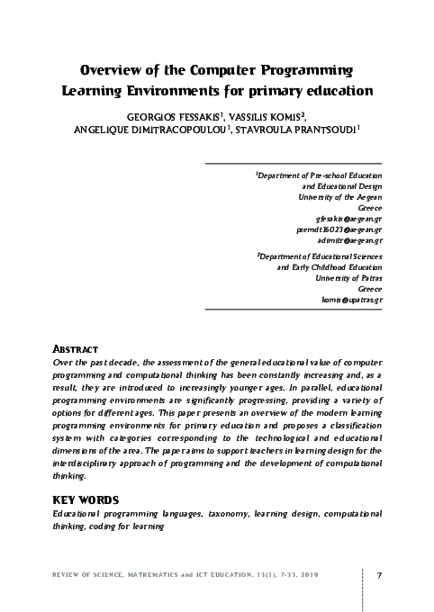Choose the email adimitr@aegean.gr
(352, 240)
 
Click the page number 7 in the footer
(380, 576)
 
